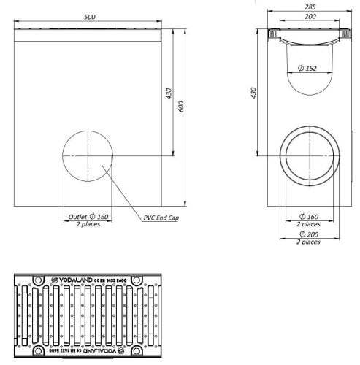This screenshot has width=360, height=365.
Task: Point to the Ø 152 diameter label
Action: (307, 68)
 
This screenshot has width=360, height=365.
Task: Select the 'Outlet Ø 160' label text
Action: (88, 216)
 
